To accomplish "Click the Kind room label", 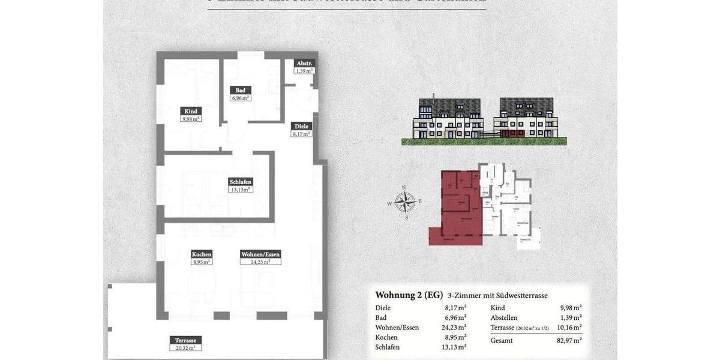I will tap(191, 111).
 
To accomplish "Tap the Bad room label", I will tap(240, 90).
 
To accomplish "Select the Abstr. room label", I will tap(305, 64).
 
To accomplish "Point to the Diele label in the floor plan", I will tap(301, 126).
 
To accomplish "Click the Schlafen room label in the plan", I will tap(240, 182).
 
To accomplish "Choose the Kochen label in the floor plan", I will tap(202, 254).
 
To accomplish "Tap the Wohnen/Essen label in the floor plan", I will tap(260, 254).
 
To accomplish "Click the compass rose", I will tap(406, 202).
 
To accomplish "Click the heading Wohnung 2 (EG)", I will tap(409, 295).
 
